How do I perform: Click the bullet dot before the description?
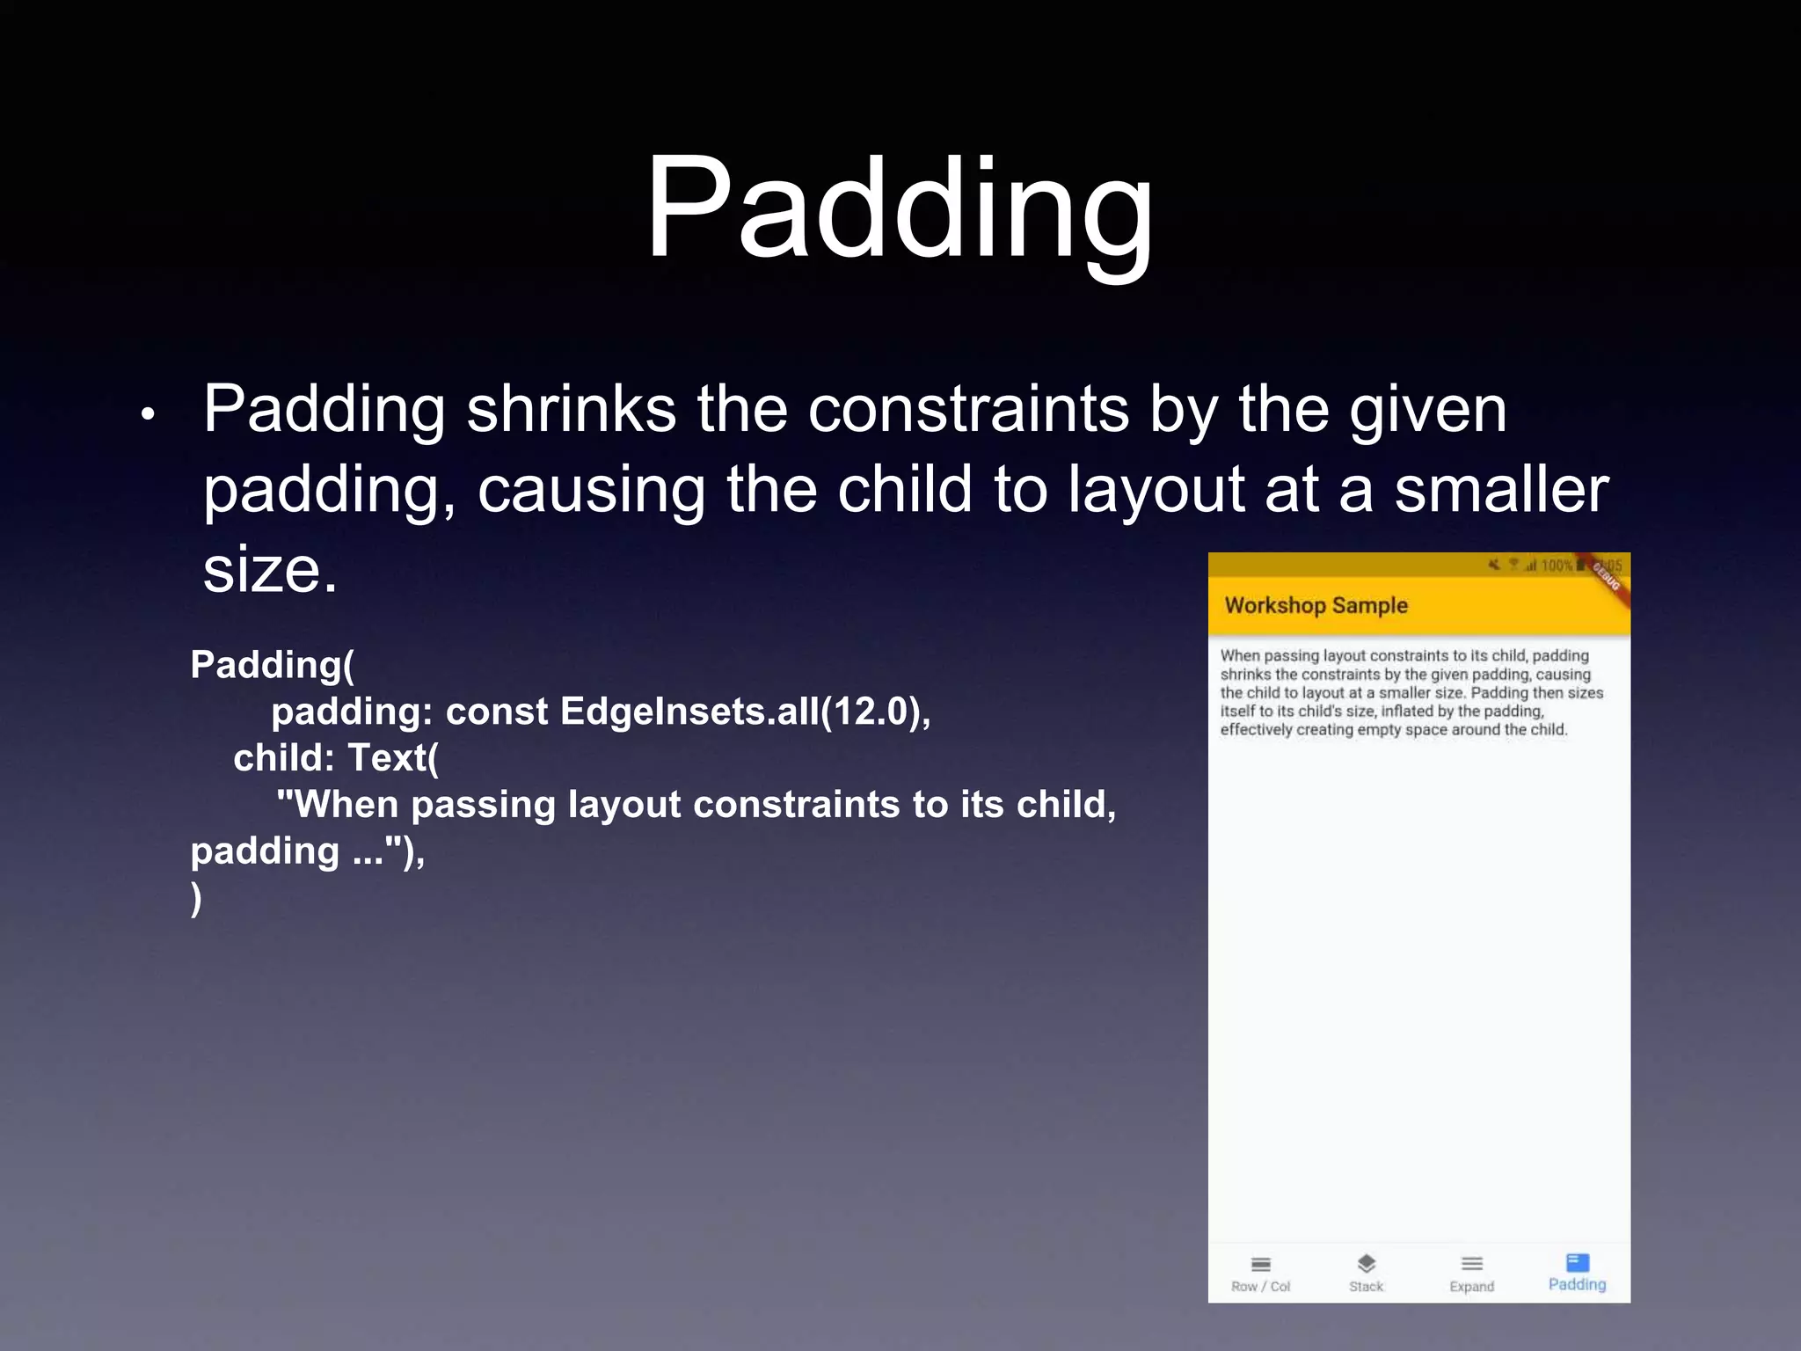click(148, 413)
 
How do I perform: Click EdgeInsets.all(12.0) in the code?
click(744, 712)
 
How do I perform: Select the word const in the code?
click(496, 712)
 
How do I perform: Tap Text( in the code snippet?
click(393, 758)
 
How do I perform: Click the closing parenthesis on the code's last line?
click(196, 898)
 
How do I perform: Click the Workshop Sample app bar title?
click(1316, 605)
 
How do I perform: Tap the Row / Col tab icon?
click(1261, 1265)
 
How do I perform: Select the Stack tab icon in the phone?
click(1366, 1264)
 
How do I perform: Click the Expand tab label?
click(1471, 1287)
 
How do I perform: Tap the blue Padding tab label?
click(1577, 1285)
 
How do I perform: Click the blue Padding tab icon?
click(1578, 1263)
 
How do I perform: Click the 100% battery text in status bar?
click(1556, 566)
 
